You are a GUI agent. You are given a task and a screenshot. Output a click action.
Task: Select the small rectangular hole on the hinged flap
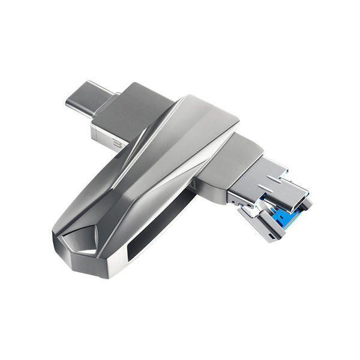[274, 233]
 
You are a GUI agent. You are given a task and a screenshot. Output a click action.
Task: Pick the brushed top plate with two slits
[270, 180]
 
